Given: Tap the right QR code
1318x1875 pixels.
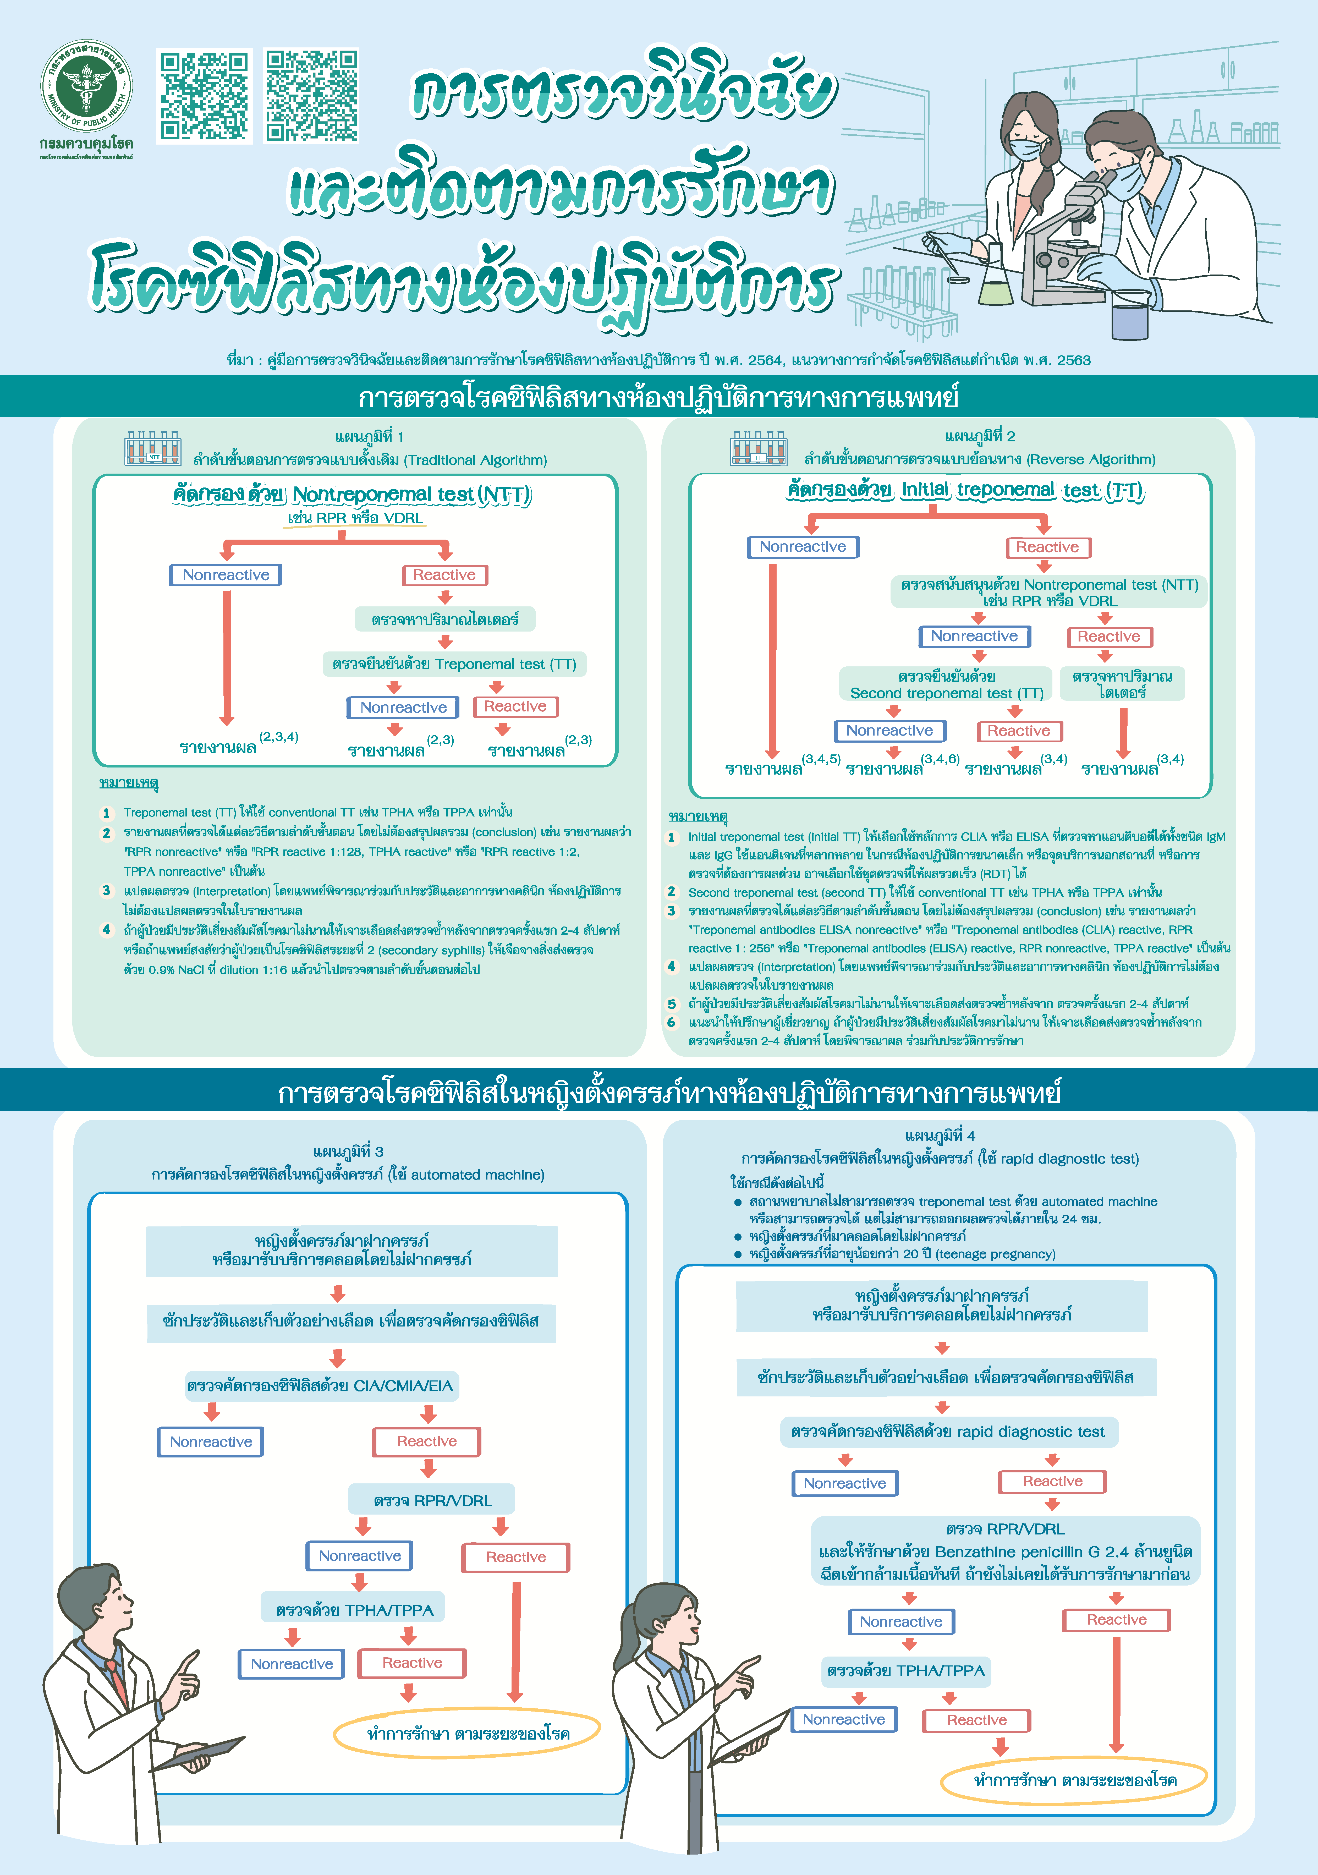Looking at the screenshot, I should click(311, 96).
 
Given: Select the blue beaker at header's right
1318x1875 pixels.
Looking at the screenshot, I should click(1130, 319).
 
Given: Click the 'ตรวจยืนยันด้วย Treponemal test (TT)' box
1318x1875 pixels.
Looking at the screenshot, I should click(454, 664).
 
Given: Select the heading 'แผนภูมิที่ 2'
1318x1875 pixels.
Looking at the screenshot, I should click(980, 436).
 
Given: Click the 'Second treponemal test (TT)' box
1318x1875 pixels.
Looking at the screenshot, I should click(946, 684).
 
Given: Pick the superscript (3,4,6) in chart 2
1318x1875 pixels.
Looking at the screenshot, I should click(940, 759).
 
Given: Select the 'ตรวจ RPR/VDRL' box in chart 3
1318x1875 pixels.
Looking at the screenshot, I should click(432, 1500).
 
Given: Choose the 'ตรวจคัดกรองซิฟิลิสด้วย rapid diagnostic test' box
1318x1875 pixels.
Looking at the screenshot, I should click(947, 1432).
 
